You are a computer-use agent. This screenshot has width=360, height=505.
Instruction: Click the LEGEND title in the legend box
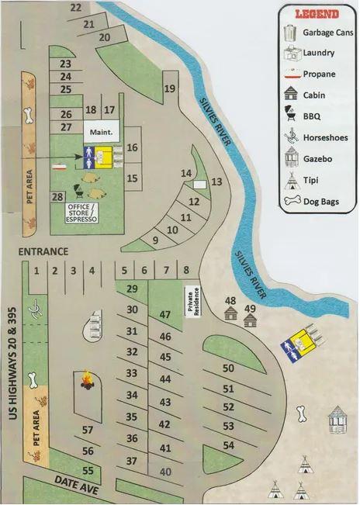point(317,14)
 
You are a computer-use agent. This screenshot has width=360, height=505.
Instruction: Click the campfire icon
point(87,380)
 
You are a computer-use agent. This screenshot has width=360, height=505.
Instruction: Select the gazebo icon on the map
point(338,420)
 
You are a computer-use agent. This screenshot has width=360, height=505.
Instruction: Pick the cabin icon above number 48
point(230,313)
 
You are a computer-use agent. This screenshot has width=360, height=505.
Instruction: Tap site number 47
point(164,315)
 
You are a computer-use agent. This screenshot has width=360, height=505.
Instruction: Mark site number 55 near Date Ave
point(88,470)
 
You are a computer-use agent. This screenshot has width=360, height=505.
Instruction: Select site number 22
point(75,8)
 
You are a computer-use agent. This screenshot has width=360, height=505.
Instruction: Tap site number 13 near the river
point(216,182)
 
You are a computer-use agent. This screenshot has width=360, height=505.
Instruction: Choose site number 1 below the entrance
point(36,270)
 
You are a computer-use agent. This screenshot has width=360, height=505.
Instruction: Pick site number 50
point(228,368)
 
